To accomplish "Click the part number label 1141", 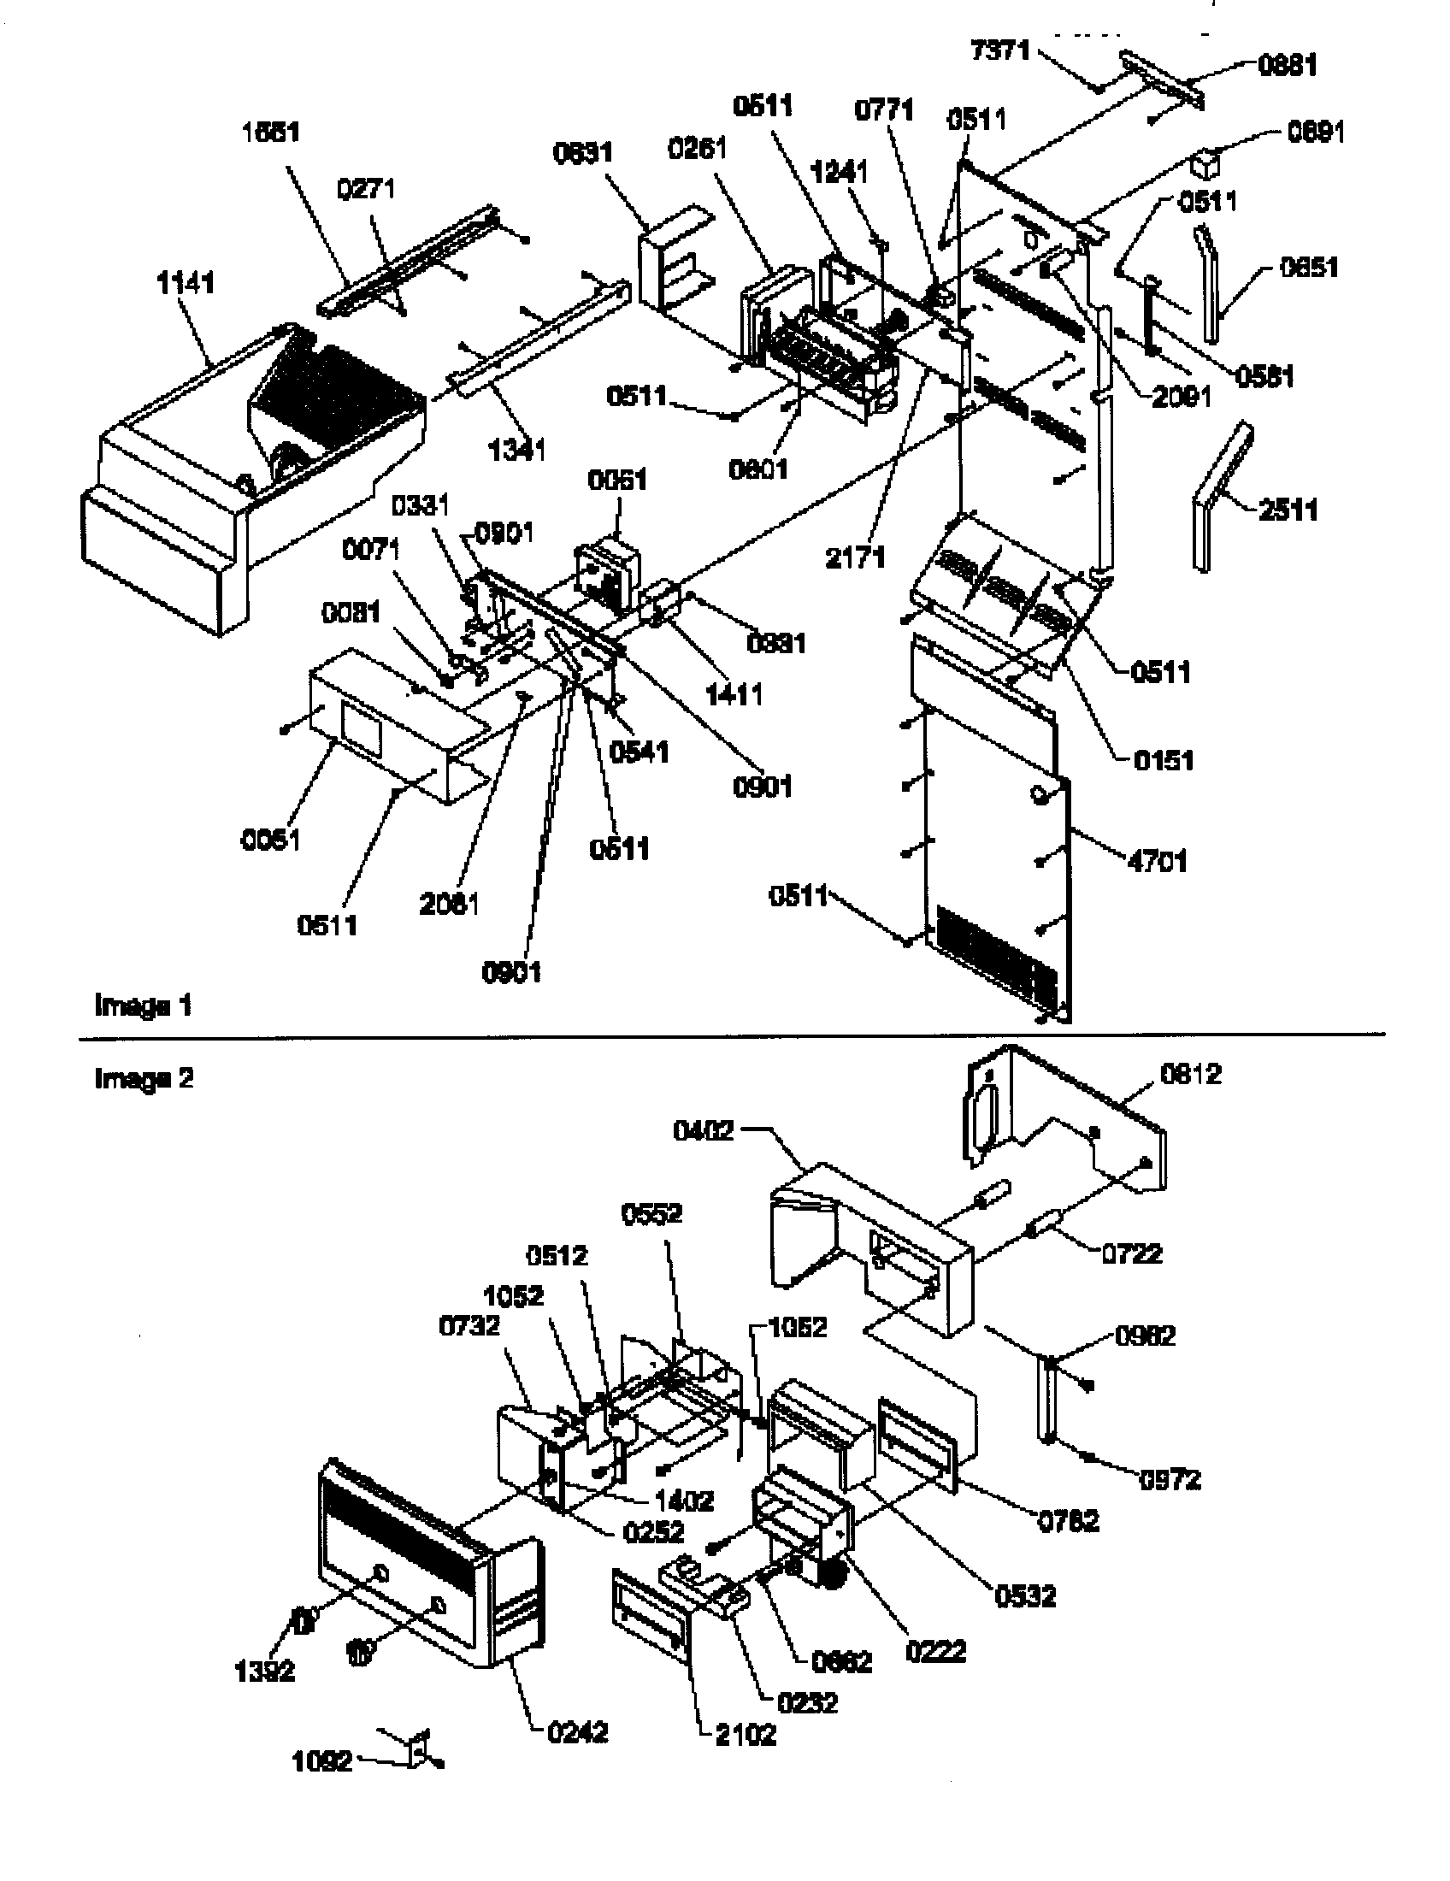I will point(186,282).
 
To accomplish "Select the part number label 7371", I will point(999,50).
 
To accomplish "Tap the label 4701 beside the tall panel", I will point(1158,860).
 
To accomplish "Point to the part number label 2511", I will point(1288,510).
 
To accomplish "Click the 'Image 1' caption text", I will point(143,1005).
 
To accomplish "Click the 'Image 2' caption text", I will point(144,1077).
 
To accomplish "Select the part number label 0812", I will point(1191,1074).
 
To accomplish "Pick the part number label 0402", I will point(704,1131).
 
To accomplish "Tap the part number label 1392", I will point(264,1672).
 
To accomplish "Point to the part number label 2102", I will point(746,1735).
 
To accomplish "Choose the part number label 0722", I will point(1131,1253).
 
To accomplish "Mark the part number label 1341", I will point(516,449).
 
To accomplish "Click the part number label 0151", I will point(1164,760).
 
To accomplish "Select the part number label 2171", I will point(855,557).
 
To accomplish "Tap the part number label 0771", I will point(884,110).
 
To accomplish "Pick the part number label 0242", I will point(578,1733).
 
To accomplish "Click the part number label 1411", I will point(734,694).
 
